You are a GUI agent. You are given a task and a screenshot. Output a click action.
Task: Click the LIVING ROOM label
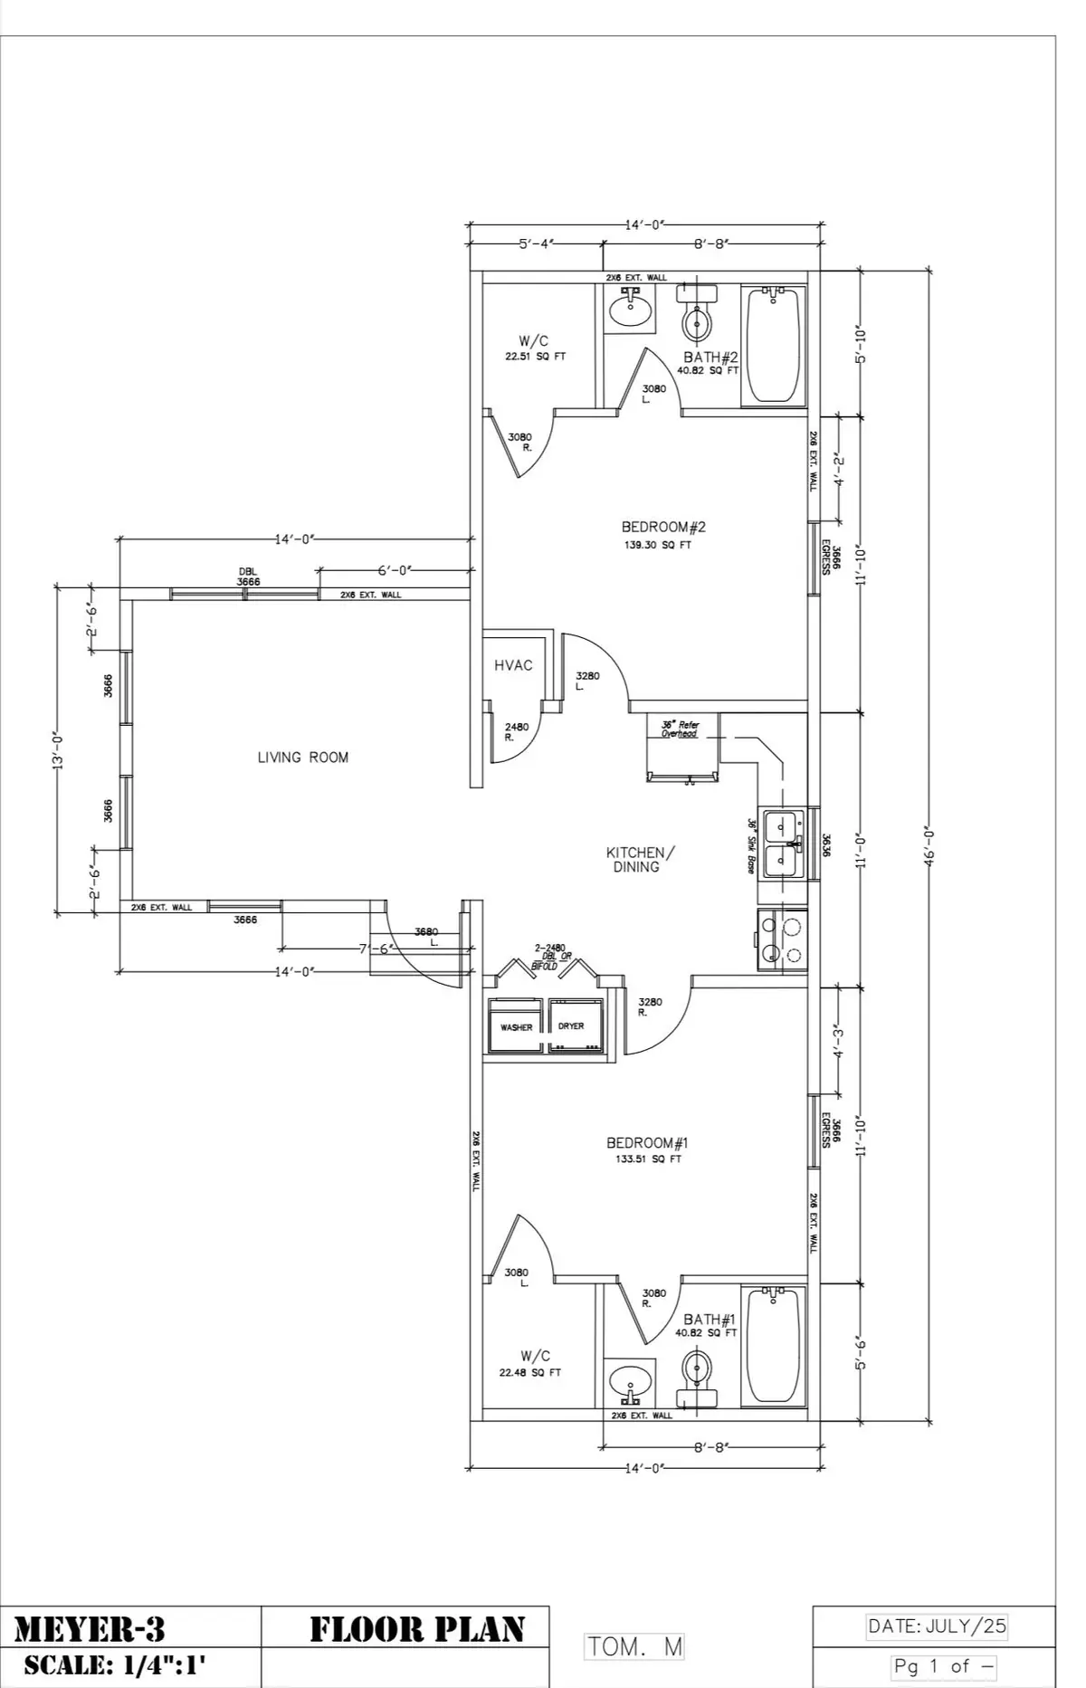(x=303, y=758)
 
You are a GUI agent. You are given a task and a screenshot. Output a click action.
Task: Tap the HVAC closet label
(x=513, y=665)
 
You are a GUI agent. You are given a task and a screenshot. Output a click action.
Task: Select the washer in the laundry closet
(x=517, y=1026)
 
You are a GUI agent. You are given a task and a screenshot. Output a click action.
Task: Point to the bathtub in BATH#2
(x=774, y=345)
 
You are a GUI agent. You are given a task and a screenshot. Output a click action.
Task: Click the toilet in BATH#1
(x=697, y=1371)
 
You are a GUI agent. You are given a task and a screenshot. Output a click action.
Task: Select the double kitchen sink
(x=782, y=844)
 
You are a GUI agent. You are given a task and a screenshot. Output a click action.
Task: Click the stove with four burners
(x=782, y=939)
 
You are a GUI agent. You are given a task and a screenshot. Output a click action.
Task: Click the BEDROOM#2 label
(x=663, y=527)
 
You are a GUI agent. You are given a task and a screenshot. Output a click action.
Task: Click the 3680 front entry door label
(x=426, y=931)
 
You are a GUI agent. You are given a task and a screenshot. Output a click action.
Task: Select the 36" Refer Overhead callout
(x=681, y=730)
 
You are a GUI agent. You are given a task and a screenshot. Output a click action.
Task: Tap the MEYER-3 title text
(x=90, y=1630)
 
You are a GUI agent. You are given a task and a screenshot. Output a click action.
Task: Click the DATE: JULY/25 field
(x=937, y=1626)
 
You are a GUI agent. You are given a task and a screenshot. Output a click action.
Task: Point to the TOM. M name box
(x=634, y=1646)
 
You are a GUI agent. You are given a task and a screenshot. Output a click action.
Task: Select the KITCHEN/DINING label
(x=640, y=859)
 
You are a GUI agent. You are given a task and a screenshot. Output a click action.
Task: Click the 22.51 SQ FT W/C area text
(x=535, y=357)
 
